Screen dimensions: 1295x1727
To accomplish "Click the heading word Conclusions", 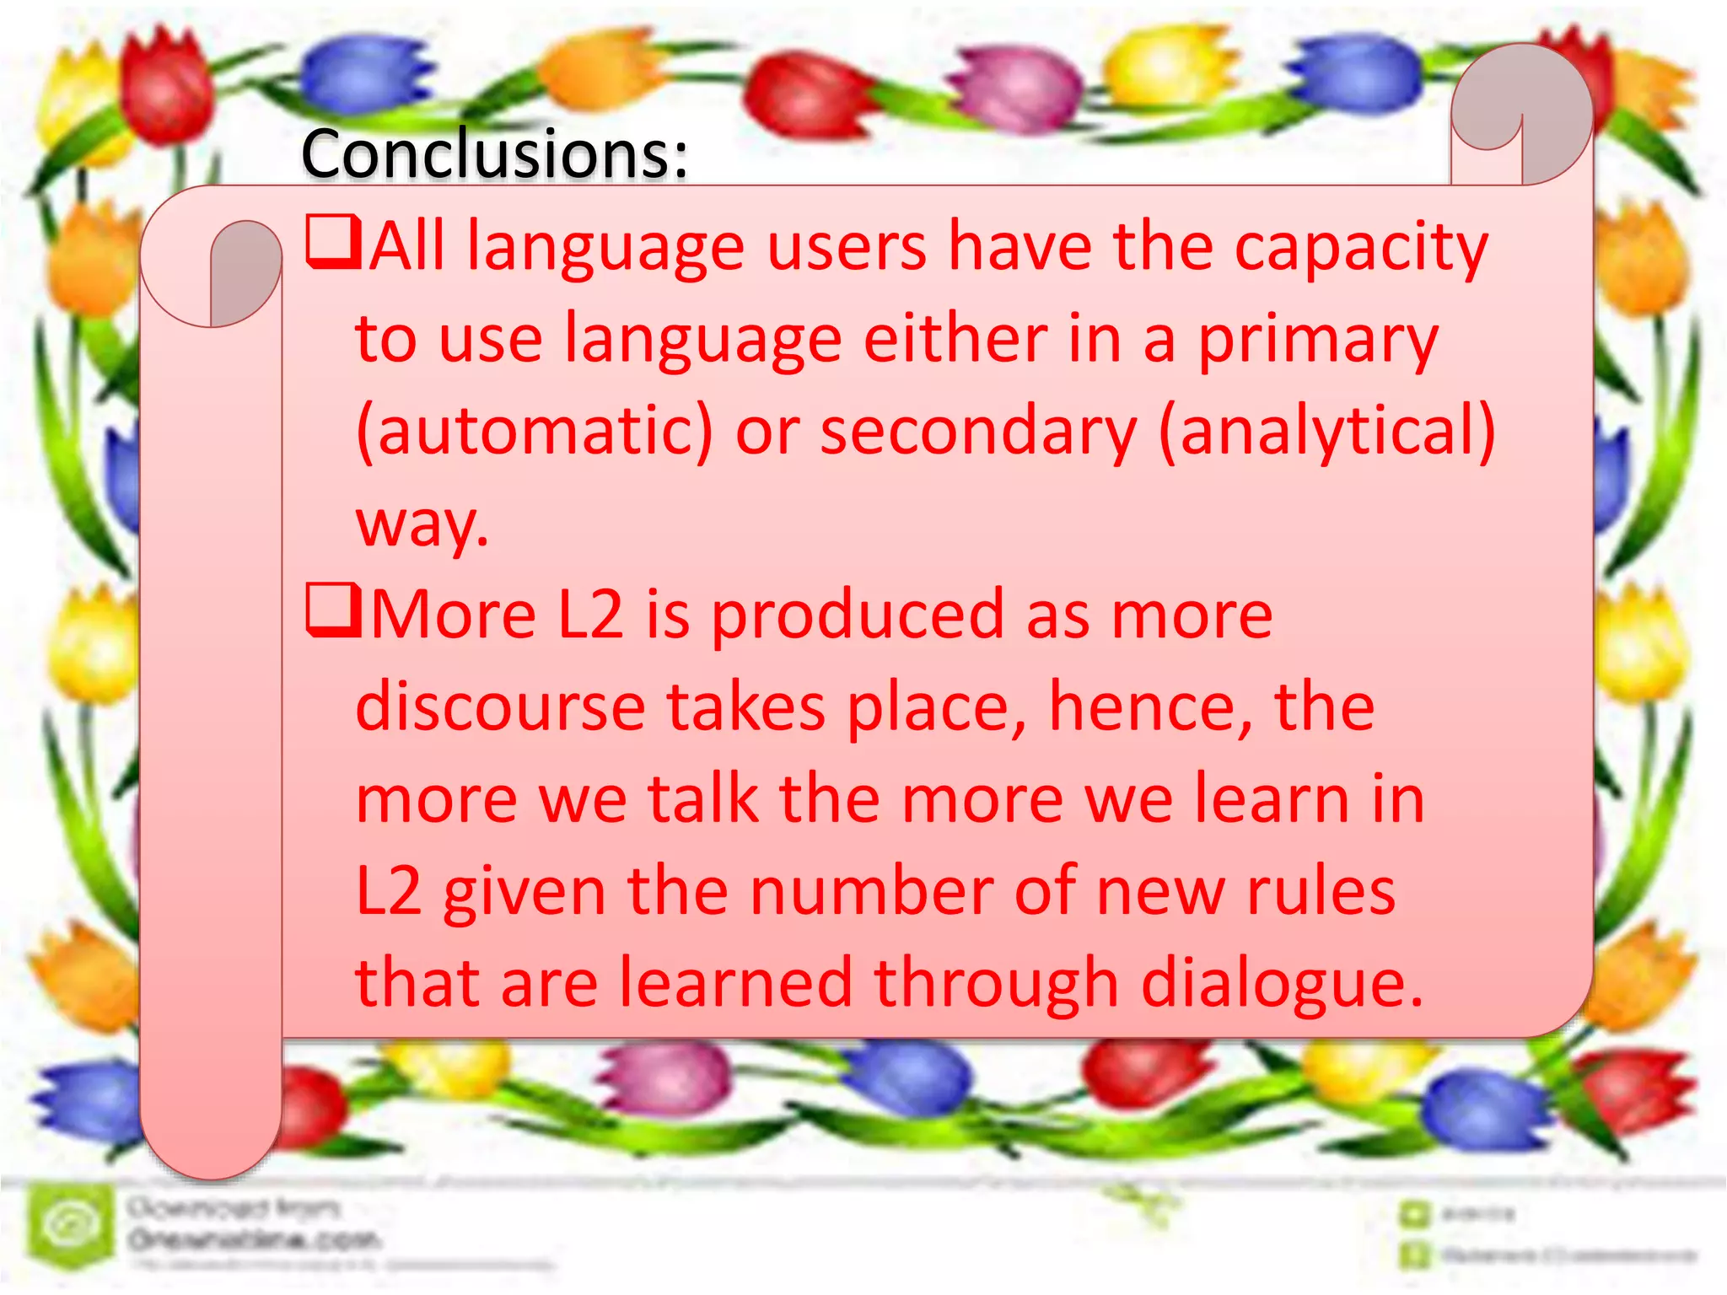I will click(494, 154).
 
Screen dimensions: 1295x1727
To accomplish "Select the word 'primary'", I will click(1318, 341).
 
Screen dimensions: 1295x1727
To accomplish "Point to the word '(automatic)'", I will click(535, 433).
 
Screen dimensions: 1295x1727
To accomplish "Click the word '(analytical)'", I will click(1327, 433).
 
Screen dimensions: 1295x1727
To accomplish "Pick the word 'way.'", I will click(422, 525).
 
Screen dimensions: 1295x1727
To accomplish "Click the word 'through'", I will click(996, 985).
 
